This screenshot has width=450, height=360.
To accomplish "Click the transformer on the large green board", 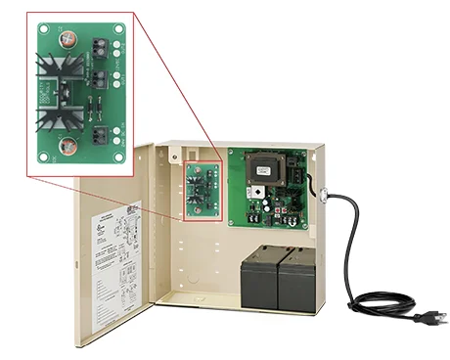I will coord(263,168).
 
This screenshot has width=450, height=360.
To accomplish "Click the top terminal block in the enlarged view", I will coord(99,44).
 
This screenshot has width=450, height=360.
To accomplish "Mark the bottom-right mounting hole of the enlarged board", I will coord(119,156).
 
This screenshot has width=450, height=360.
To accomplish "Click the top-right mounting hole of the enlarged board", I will coord(118,28).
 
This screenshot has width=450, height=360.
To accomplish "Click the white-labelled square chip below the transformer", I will coord(262,198).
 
